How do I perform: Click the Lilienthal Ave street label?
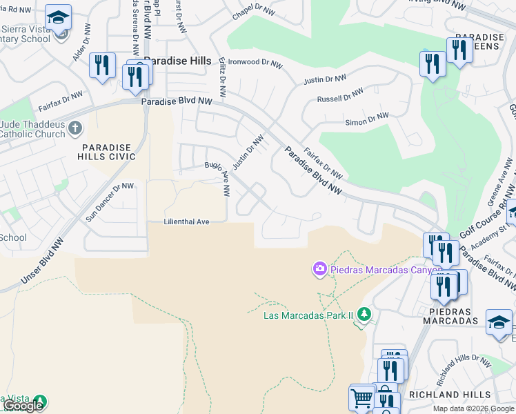coord(186,222)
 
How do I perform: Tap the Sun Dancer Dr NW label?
coord(110,201)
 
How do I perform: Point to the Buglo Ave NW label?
coord(217,176)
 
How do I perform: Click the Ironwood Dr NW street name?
coord(255,63)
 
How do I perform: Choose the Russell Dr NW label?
coord(340,95)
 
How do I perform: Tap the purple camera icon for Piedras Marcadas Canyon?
coord(319,268)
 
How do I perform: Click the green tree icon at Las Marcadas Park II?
coord(364,315)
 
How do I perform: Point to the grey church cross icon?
coord(75,128)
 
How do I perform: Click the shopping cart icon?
coord(361,397)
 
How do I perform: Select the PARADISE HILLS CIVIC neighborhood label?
coord(109,152)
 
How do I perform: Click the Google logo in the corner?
coord(23,406)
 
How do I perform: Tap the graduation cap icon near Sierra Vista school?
coord(59,17)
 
